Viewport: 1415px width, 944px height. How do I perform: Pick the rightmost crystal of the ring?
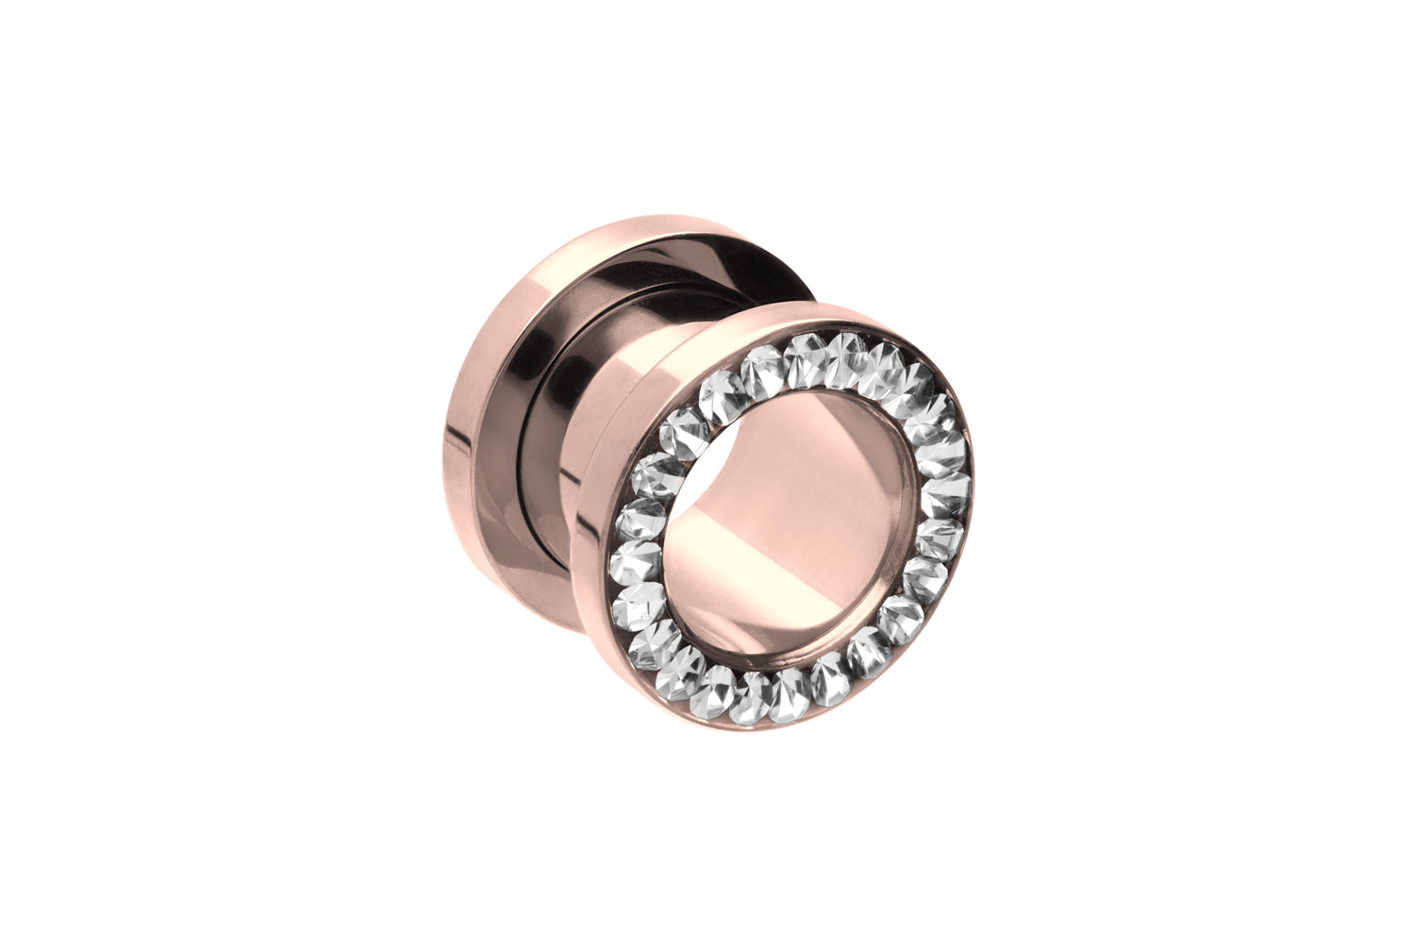(951, 490)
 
